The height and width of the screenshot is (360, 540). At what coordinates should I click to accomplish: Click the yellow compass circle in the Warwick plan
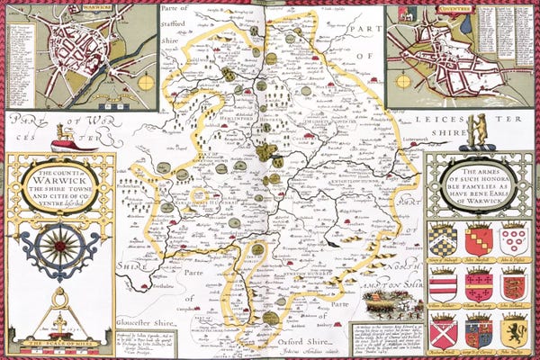(x=144, y=82)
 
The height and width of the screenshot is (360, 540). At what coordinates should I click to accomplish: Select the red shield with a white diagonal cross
(x=442, y=330)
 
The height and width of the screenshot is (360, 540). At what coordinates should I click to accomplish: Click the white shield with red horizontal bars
(x=442, y=285)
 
